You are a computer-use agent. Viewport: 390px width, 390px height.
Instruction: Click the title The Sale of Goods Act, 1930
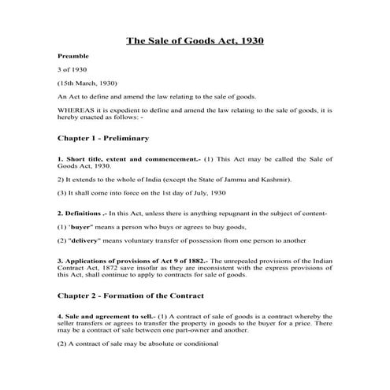click(195, 41)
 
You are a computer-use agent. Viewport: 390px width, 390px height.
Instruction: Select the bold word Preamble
click(72, 58)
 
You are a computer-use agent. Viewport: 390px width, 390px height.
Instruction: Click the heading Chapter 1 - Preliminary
click(103, 139)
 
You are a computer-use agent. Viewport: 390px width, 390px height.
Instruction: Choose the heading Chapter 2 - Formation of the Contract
click(130, 296)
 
